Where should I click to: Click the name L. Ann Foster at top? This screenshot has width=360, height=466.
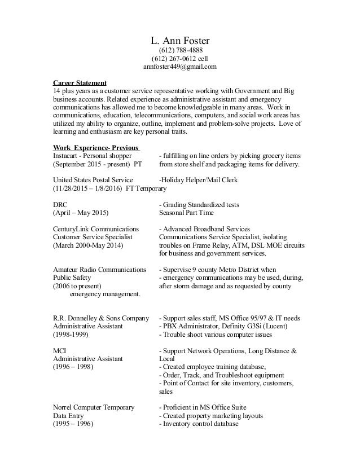(179, 41)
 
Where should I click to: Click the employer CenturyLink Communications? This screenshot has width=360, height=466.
(95, 229)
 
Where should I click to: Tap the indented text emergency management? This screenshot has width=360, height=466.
(105, 294)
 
